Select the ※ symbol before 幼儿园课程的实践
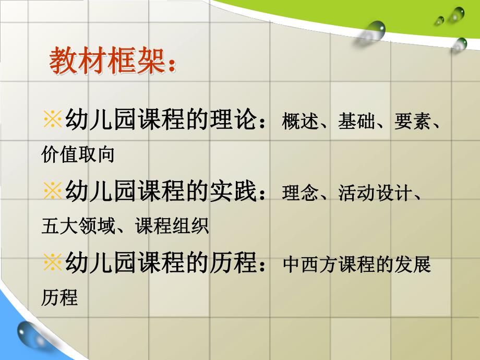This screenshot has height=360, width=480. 53,193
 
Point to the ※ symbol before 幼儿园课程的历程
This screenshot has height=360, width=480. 53,263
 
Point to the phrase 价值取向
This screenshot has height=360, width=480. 78,155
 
